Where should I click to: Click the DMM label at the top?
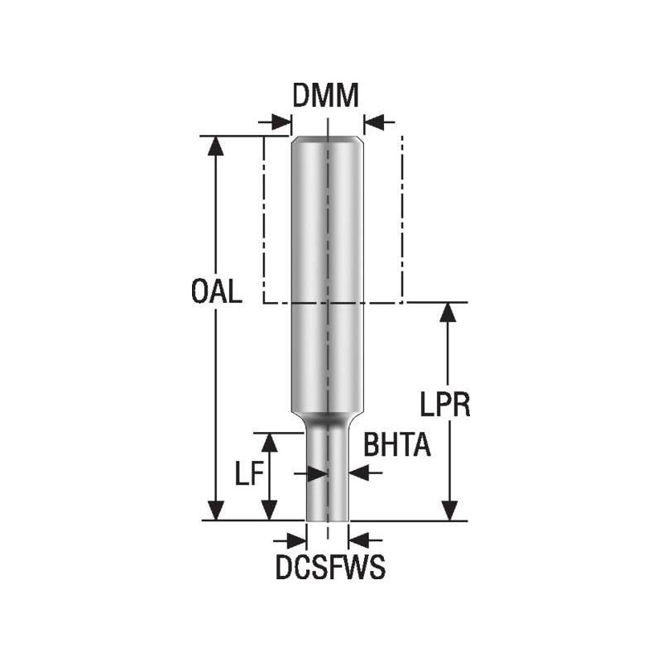click(326, 96)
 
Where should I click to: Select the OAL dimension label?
click(216, 293)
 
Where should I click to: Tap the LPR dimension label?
click(445, 406)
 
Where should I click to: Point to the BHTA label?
click(397, 447)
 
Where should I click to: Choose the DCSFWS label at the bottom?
click(330, 570)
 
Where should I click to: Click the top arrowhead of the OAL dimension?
click(216, 146)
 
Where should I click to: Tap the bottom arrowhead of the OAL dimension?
click(216, 511)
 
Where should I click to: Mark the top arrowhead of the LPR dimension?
click(449, 313)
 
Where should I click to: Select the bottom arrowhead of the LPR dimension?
click(449, 511)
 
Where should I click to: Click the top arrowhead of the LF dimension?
click(269, 442)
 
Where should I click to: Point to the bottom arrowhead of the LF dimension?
click(269, 511)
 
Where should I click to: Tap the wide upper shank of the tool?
click(328, 248)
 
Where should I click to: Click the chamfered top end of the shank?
click(328, 141)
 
